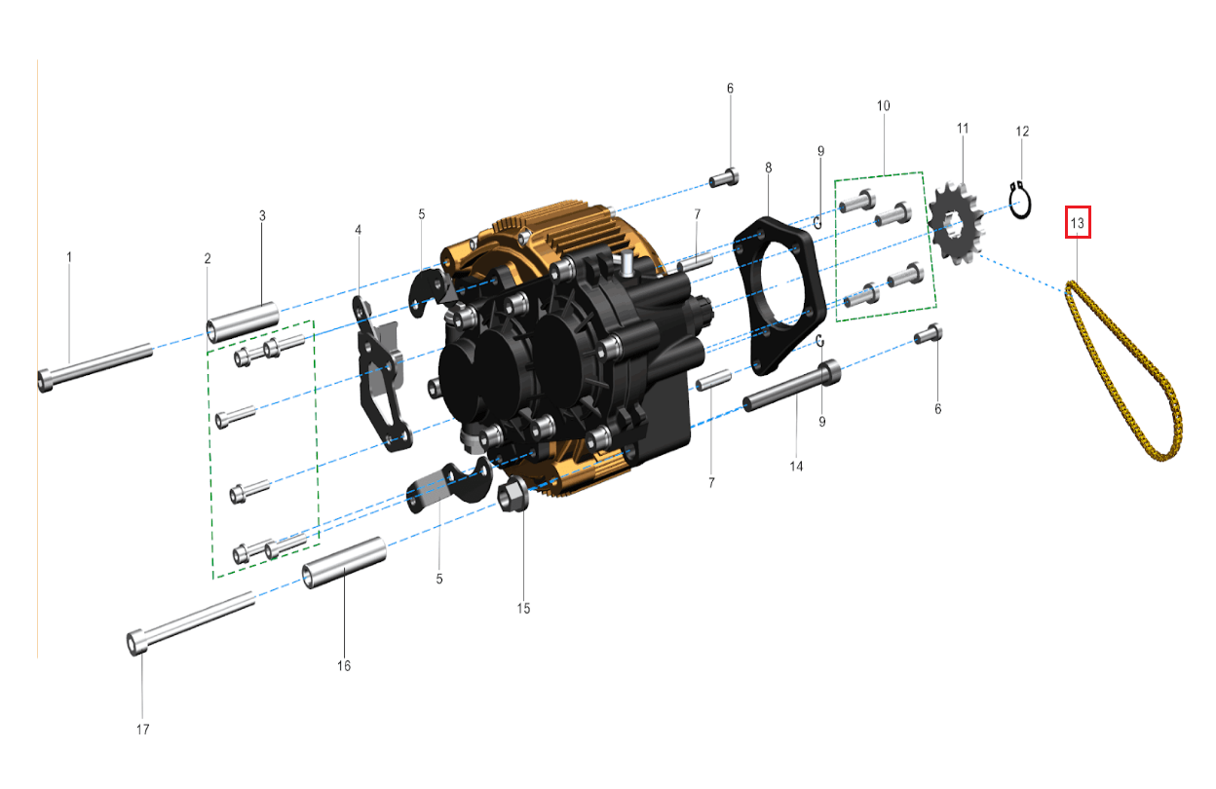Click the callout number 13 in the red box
[1077, 223]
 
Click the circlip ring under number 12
[1019, 201]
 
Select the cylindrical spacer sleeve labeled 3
[242, 322]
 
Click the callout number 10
[884, 105]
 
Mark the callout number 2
[208, 258]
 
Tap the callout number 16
[344, 665]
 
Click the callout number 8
[768, 169]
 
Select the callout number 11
[963, 129]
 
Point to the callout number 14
[796, 467]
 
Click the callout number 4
[358, 230]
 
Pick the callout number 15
[523, 608]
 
